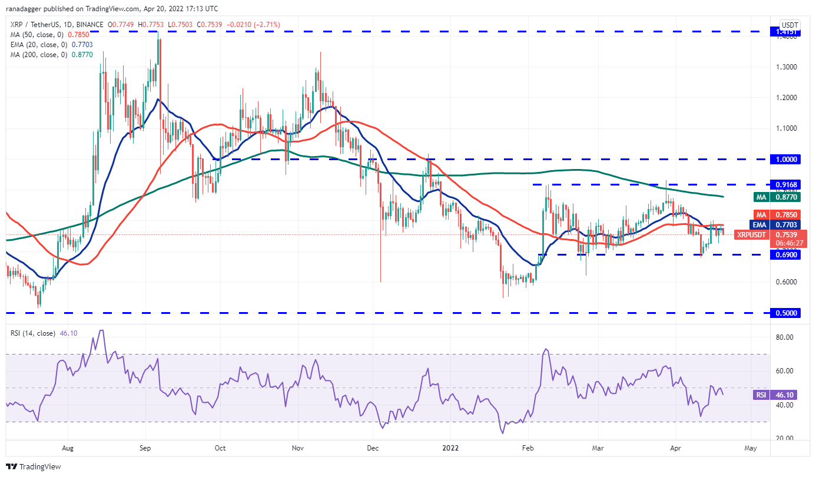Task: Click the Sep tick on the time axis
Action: point(145,448)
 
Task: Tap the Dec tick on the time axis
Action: point(373,448)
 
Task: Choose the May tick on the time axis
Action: point(751,448)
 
